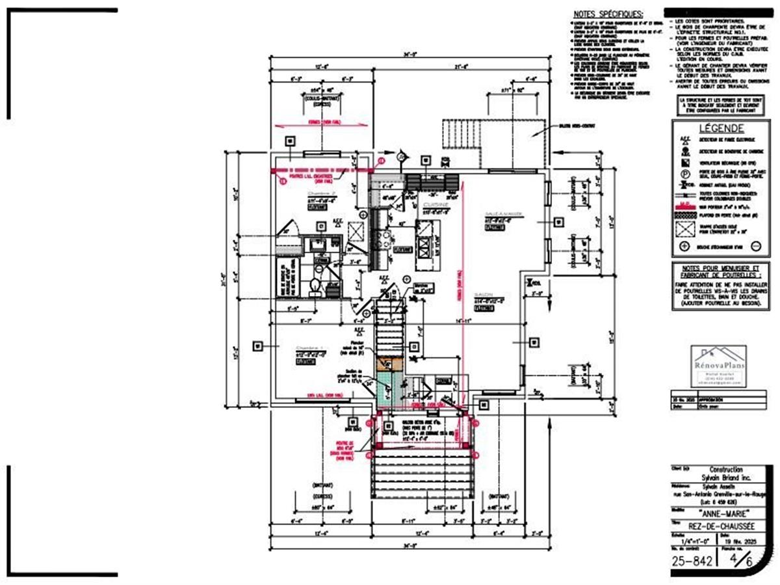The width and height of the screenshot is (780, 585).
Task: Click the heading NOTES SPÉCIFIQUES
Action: [x=608, y=14]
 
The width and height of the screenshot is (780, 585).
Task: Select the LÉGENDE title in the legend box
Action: [x=717, y=128]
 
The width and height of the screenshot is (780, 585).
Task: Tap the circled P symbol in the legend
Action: [x=684, y=174]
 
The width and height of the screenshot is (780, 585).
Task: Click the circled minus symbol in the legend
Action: [x=755, y=247]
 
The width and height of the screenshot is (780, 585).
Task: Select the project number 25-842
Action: [x=691, y=560]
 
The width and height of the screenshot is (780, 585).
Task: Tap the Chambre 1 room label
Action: [x=311, y=349]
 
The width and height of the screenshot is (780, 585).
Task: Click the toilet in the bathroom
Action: [x=315, y=285]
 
